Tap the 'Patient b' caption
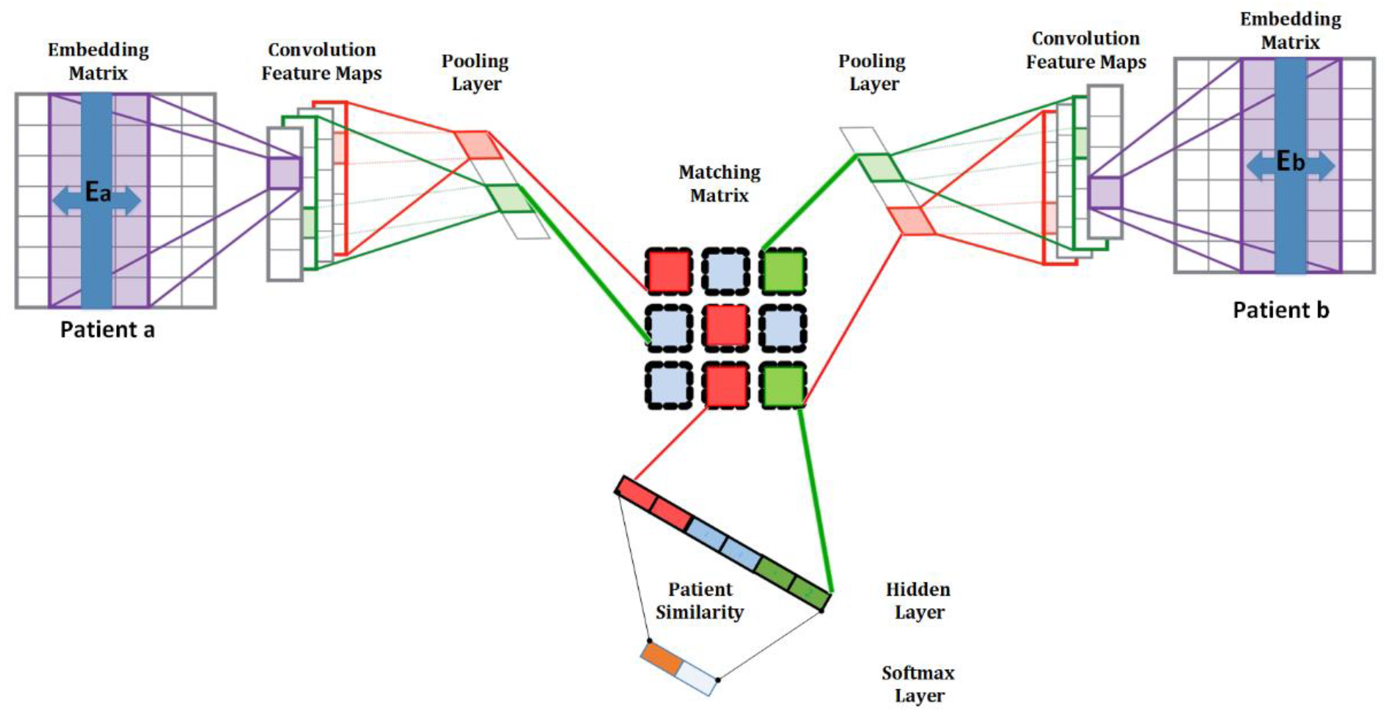(1281, 310)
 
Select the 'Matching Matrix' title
(719, 183)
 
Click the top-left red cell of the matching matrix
(668, 271)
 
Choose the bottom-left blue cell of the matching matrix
(668, 385)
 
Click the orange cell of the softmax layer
(662, 659)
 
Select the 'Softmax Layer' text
(918, 684)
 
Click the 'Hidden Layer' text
(918, 600)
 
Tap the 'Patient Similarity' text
(700, 600)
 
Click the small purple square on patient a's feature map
(284, 173)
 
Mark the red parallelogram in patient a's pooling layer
(478, 145)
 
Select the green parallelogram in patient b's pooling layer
(880, 168)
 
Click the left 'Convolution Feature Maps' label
(322, 61)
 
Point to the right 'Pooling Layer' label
(872, 73)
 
